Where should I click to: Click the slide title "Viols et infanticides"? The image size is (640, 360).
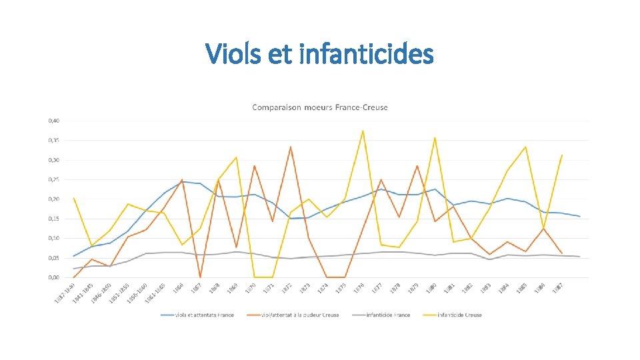pyautogui.click(x=319, y=53)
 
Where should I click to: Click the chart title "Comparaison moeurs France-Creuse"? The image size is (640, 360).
pyautogui.click(x=319, y=107)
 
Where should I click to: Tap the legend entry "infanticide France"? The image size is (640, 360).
pyautogui.click(x=387, y=315)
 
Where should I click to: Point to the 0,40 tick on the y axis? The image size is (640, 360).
pyautogui.click(x=53, y=121)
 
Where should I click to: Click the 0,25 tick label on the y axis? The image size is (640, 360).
pyautogui.click(x=53, y=179)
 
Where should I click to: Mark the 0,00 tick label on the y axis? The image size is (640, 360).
pyautogui.click(x=53, y=277)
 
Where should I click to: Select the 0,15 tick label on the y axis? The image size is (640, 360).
pyautogui.click(x=53, y=219)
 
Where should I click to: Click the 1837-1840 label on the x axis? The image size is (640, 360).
pyautogui.click(x=64, y=294)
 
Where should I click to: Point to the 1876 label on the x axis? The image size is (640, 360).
pyautogui.click(x=359, y=288)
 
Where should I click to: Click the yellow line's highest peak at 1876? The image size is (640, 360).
pyautogui.click(x=363, y=131)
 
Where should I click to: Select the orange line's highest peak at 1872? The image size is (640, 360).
pyautogui.click(x=291, y=147)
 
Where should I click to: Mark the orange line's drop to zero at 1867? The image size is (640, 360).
pyautogui.click(x=200, y=277)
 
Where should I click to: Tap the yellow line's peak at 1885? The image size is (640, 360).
pyautogui.click(x=525, y=147)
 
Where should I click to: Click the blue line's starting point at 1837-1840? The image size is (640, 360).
pyautogui.click(x=73, y=256)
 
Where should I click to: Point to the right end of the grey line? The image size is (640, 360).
pyautogui.click(x=579, y=257)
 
